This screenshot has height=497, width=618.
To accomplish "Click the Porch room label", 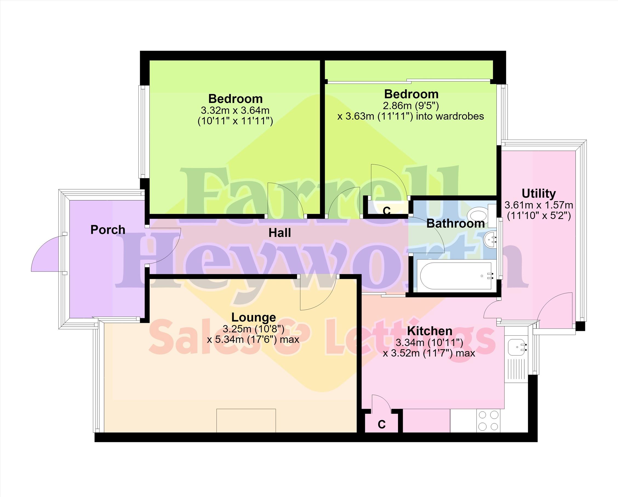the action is pyautogui.click(x=108, y=230).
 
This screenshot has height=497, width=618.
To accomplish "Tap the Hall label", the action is pyautogui.click(x=279, y=233).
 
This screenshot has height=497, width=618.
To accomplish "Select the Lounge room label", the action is pyautogui.click(x=253, y=317).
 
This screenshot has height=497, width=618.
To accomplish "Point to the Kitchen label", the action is pyautogui.click(x=430, y=331).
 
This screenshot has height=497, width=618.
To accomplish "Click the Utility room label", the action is pyautogui.click(x=539, y=194).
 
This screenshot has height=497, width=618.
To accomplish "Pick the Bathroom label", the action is pyautogui.click(x=456, y=223).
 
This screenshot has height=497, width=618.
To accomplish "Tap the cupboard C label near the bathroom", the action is pyautogui.click(x=387, y=211).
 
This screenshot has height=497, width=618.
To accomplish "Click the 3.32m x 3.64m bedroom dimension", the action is pyautogui.click(x=235, y=110).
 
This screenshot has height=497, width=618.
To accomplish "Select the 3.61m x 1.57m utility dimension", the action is pyautogui.click(x=539, y=205).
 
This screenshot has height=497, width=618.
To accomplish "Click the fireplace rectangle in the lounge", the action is pyautogui.click(x=246, y=421).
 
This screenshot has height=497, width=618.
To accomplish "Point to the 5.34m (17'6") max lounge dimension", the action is pyautogui.click(x=253, y=340).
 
